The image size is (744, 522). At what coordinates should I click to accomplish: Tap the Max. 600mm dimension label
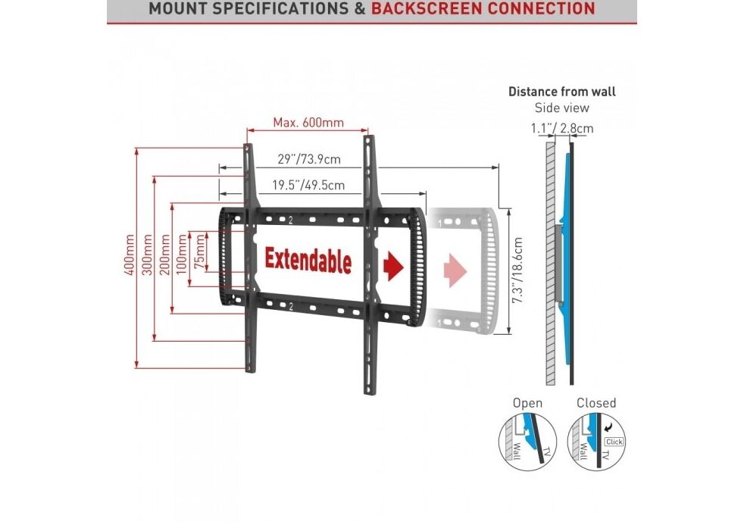tap(308, 123)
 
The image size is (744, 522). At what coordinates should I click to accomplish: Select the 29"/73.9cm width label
tap(308, 159)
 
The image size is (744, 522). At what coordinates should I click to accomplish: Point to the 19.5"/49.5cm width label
tap(308, 185)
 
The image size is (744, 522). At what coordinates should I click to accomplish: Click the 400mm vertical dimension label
tap(130, 258)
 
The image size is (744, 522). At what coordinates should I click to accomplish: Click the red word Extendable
tap(308, 261)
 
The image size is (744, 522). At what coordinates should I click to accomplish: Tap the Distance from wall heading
tap(561, 92)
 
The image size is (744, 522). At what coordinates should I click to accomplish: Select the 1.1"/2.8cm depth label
tap(561, 129)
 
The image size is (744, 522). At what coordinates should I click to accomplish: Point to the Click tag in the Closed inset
tap(614, 440)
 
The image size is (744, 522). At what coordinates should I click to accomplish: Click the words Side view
tap(561, 108)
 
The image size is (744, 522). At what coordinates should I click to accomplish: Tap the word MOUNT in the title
tap(177, 9)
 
